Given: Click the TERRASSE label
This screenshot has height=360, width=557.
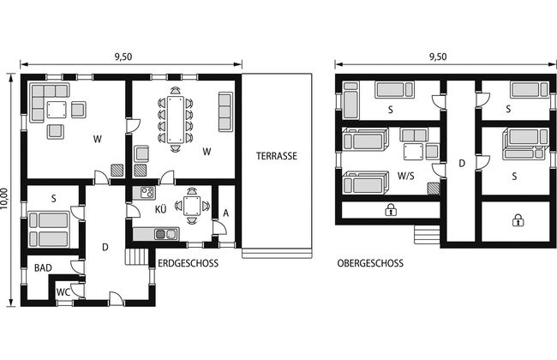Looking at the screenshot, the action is tap(277, 156).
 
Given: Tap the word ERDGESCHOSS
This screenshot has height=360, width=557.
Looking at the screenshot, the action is tap(188, 263).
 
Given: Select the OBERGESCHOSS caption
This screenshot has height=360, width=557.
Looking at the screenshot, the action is tap(370, 263).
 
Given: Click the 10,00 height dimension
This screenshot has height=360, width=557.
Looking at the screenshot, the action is tap(4, 198).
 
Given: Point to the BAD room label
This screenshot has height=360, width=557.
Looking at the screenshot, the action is tap(43, 268).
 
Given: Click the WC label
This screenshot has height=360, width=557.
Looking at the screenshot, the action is tap(63, 292).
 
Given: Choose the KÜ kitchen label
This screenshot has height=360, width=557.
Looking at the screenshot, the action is tap(160, 209).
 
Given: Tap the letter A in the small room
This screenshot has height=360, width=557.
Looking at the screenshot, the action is tap(226, 213).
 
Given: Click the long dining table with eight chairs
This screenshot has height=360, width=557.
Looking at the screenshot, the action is tap(176, 119).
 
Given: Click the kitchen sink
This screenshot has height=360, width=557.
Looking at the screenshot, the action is tap(166, 234).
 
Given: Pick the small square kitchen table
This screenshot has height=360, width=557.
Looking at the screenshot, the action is tap(192, 206).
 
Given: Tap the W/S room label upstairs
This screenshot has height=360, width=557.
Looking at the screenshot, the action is tap(405, 176).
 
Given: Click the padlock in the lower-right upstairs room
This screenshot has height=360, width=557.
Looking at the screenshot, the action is tap(518, 220).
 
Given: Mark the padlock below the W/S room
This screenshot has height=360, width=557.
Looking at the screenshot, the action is tap(391, 210).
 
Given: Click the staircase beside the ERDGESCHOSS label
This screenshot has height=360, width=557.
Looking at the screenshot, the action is tap(136, 256).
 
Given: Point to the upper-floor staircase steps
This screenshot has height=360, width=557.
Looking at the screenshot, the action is tap(427, 235).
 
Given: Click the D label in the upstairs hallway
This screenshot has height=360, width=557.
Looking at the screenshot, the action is tap(462, 164).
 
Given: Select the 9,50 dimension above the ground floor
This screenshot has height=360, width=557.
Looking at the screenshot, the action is tap(123, 57).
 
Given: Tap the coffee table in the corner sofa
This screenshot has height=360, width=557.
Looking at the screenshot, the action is tap(57, 110).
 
